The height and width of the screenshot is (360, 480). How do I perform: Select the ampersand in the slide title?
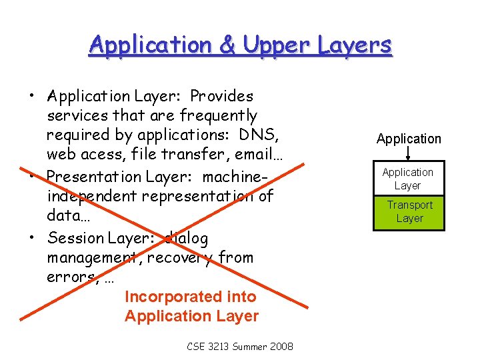tap(226, 45)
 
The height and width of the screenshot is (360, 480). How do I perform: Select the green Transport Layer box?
tap(409, 212)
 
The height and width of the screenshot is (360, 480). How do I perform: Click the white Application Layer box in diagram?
tap(408, 179)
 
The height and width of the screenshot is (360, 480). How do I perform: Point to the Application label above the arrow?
tap(409, 139)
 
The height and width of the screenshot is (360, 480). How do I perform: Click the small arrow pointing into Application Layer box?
tap(409, 155)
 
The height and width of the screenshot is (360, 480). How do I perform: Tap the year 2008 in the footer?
tap(280, 347)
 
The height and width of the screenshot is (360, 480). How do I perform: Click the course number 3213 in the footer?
tap(223, 347)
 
